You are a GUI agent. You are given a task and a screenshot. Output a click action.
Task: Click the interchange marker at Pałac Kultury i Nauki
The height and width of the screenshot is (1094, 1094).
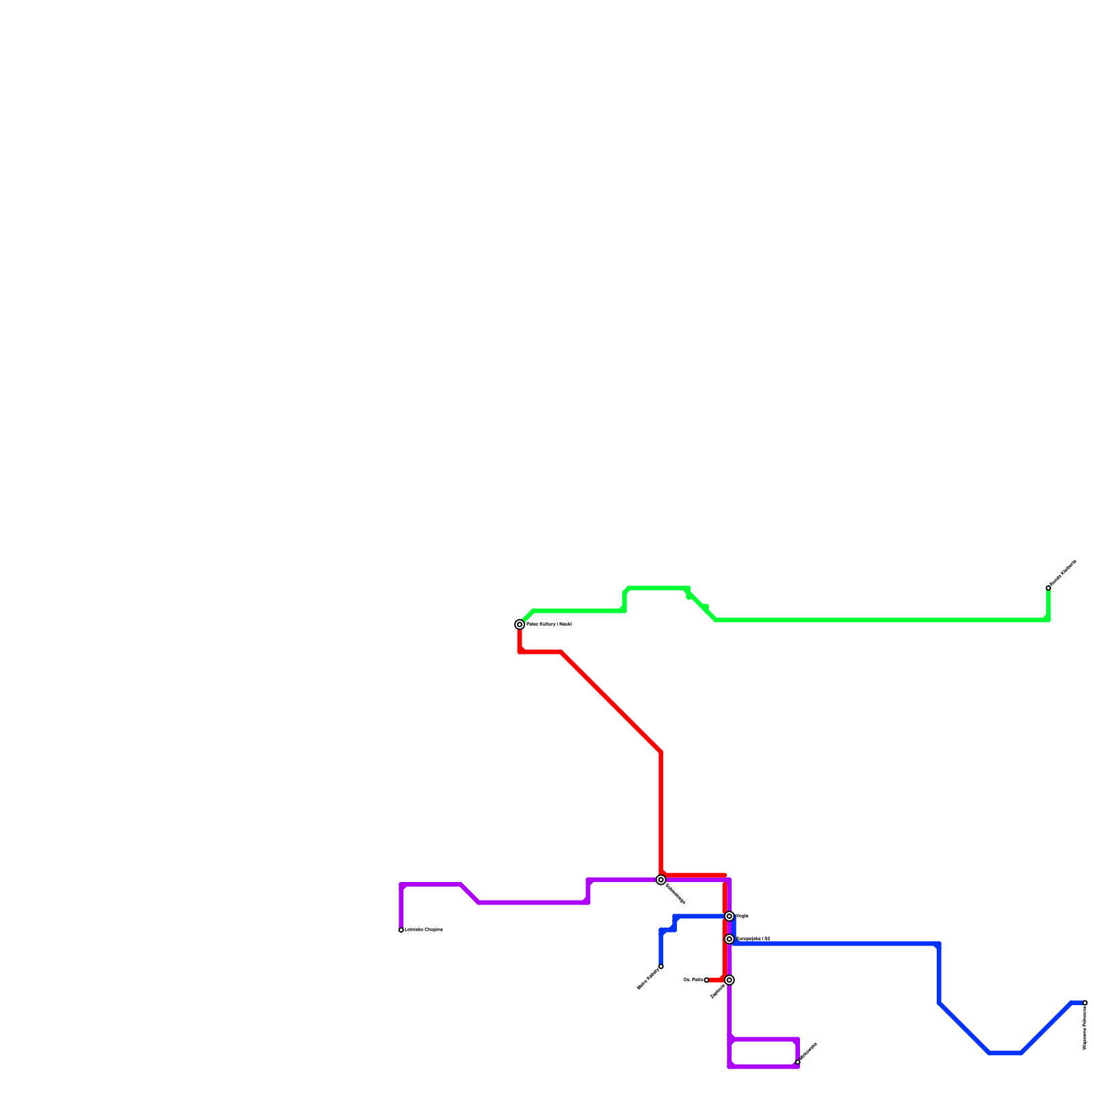click(x=520, y=624)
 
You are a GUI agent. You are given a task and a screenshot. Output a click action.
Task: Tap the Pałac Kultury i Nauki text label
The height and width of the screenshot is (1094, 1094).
click(x=548, y=624)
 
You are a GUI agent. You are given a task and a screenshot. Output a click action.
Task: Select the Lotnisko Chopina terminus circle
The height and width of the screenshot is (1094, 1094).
click(x=401, y=930)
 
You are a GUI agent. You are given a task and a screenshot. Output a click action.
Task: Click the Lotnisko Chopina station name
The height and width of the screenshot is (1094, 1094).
click(x=424, y=930)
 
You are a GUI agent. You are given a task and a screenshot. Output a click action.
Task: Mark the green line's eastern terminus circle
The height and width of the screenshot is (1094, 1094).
click(x=1048, y=588)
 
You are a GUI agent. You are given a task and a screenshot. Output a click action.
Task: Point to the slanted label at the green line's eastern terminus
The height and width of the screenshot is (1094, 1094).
click(x=1063, y=573)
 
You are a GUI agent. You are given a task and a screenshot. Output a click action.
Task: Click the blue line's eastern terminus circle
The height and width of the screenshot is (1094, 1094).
click(x=1085, y=1003)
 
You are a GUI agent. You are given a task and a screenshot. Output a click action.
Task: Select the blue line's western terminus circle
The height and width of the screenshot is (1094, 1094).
click(x=661, y=966)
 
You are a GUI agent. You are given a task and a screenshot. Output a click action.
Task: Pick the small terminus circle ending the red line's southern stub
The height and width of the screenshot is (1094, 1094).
click(x=706, y=980)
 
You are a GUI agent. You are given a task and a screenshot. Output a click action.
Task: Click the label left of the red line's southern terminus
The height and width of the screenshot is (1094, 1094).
click(x=693, y=980)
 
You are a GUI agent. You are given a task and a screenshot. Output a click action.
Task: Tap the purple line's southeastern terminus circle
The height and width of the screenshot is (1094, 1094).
click(x=797, y=1063)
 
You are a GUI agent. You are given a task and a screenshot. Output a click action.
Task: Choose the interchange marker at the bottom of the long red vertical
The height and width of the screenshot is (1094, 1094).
click(x=661, y=880)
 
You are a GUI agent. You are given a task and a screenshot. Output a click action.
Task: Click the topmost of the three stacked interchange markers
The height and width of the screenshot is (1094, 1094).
click(x=730, y=916)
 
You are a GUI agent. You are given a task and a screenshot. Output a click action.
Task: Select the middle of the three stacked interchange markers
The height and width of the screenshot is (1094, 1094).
click(x=730, y=939)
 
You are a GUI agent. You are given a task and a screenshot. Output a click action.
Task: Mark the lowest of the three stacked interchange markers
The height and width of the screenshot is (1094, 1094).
click(x=730, y=980)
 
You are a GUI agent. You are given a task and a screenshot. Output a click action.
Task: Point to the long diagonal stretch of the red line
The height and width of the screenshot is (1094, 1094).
click(x=611, y=702)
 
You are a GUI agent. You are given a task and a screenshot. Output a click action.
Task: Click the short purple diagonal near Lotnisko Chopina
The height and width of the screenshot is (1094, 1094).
click(x=470, y=894)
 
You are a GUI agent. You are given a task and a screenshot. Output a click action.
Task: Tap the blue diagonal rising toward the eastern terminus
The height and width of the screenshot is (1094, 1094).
click(x=1046, y=1028)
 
